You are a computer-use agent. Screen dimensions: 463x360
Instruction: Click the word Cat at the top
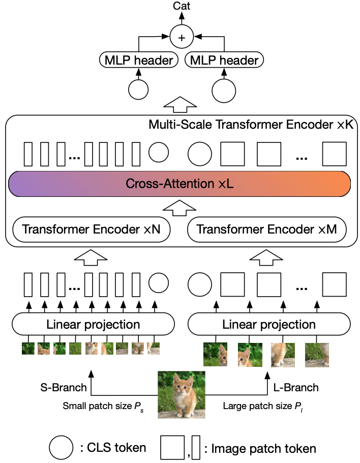tap(182, 7)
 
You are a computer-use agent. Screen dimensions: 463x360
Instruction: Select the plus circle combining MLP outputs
tap(182, 37)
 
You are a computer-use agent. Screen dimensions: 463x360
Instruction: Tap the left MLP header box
tap(138, 60)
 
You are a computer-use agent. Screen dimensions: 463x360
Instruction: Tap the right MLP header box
tap(224, 60)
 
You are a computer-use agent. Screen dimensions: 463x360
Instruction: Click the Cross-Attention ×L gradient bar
tap(179, 184)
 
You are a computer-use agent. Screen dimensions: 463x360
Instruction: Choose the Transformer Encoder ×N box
tap(92, 230)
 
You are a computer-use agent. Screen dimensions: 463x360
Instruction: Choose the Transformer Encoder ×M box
tap(267, 230)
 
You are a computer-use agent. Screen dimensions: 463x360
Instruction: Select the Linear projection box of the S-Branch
tap(93, 324)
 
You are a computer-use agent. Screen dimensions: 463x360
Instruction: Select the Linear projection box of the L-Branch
tap(269, 324)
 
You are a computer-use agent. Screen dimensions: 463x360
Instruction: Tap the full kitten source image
tap(182, 394)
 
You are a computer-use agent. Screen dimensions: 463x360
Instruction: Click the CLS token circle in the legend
tap(62, 448)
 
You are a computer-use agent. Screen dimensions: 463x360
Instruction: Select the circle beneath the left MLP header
tap(138, 89)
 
